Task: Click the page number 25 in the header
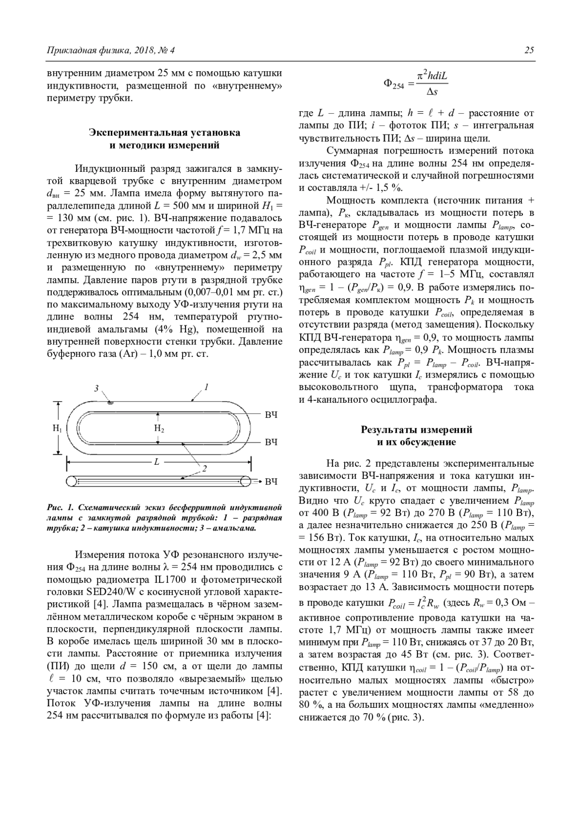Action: (529, 50)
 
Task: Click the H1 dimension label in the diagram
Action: (57, 428)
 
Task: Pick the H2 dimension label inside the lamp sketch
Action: (159, 428)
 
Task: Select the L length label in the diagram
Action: (156, 462)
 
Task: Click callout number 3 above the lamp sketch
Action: (96, 388)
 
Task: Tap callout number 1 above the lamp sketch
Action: (206, 387)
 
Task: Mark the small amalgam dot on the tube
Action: (110, 402)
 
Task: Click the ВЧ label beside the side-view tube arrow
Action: (272, 482)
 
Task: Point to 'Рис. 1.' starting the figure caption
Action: (60, 508)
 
